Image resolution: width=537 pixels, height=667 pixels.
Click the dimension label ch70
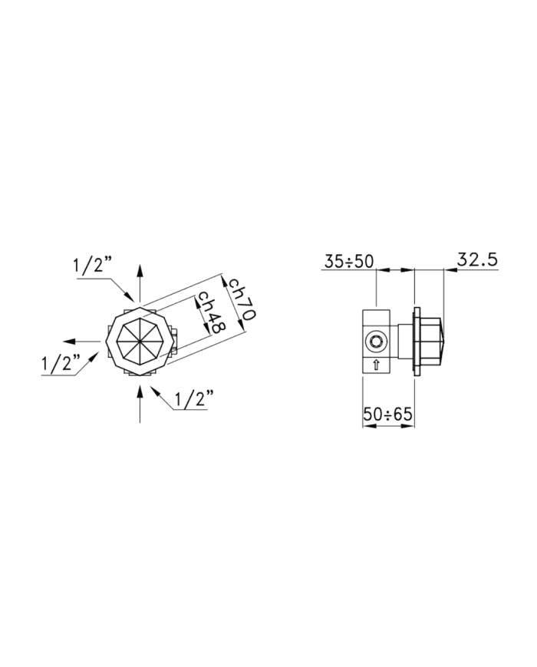pyautogui.click(x=241, y=299)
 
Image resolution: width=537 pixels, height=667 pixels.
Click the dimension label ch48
pyautogui.click(x=212, y=312)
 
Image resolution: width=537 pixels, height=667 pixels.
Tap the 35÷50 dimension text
pyautogui.click(x=348, y=261)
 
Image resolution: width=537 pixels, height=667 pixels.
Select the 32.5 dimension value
pyautogui.click(x=477, y=259)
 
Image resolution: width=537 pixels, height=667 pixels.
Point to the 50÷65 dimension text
pyautogui.click(x=387, y=414)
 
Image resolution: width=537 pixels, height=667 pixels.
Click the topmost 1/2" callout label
pyautogui.click(x=92, y=266)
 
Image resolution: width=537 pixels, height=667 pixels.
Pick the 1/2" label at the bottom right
pyautogui.click(x=193, y=398)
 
